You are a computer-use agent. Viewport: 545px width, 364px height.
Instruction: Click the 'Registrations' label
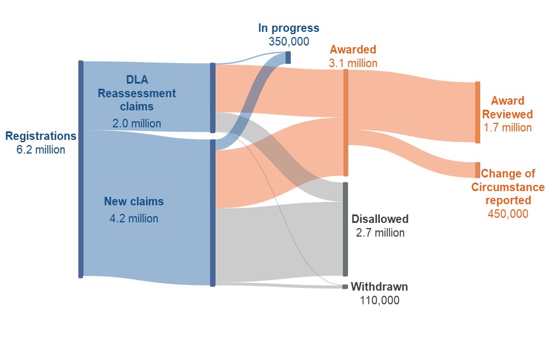click(41, 136)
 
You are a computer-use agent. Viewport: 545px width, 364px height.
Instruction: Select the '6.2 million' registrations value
click(41, 150)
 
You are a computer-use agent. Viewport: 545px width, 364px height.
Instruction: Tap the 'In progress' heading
click(288, 28)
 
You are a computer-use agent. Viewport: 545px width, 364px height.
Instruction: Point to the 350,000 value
click(289, 42)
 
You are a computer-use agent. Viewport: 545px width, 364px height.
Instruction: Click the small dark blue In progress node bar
click(288, 57)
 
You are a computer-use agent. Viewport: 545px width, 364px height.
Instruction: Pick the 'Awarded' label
click(353, 49)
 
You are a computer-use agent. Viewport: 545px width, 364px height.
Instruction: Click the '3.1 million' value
click(353, 63)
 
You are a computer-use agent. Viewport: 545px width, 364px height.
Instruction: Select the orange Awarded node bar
click(346, 123)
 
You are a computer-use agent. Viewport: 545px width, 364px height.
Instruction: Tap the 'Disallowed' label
click(380, 219)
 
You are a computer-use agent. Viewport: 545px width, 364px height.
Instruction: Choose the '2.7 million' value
click(380, 233)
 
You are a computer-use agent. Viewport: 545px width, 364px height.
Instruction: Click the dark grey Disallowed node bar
click(345, 229)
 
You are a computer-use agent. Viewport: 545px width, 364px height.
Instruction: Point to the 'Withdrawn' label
click(379, 287)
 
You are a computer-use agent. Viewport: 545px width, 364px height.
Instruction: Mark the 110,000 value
click(379, 300)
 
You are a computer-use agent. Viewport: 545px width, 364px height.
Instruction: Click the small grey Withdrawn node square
click(345, 287)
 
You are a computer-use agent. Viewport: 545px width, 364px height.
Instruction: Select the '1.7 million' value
click(508, 127)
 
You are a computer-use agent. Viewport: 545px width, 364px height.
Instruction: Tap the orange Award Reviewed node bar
click(478, 113)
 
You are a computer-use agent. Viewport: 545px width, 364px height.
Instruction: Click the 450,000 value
click(508, 213)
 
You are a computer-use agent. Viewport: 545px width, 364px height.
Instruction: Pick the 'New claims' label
click(134, 201)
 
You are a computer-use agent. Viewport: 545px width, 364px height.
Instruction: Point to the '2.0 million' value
click(137, 123)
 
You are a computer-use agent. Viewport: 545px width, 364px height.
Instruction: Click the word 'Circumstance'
click(508, 187)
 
